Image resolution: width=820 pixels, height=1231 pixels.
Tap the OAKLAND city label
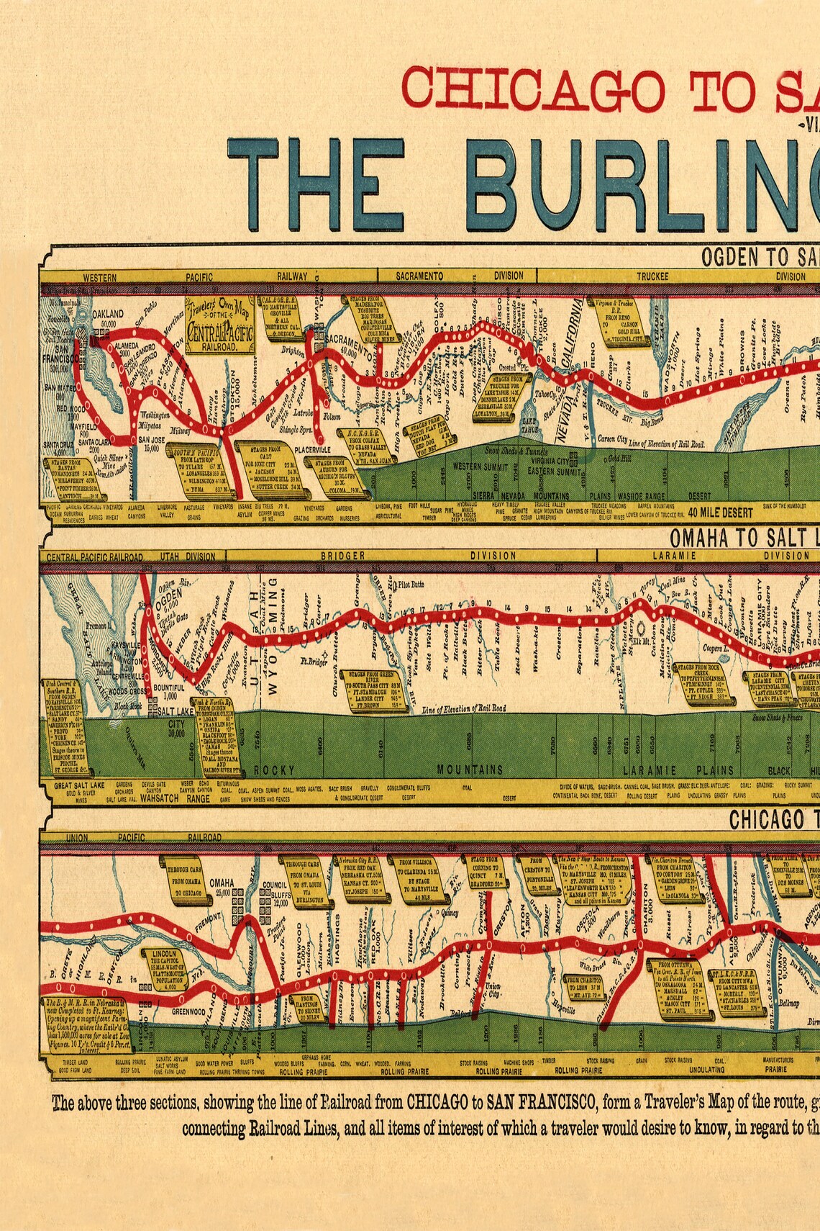107,314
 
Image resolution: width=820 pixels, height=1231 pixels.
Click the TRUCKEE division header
652,276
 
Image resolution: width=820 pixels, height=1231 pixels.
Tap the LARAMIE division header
673,556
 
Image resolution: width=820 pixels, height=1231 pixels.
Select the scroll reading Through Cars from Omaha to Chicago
188,881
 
